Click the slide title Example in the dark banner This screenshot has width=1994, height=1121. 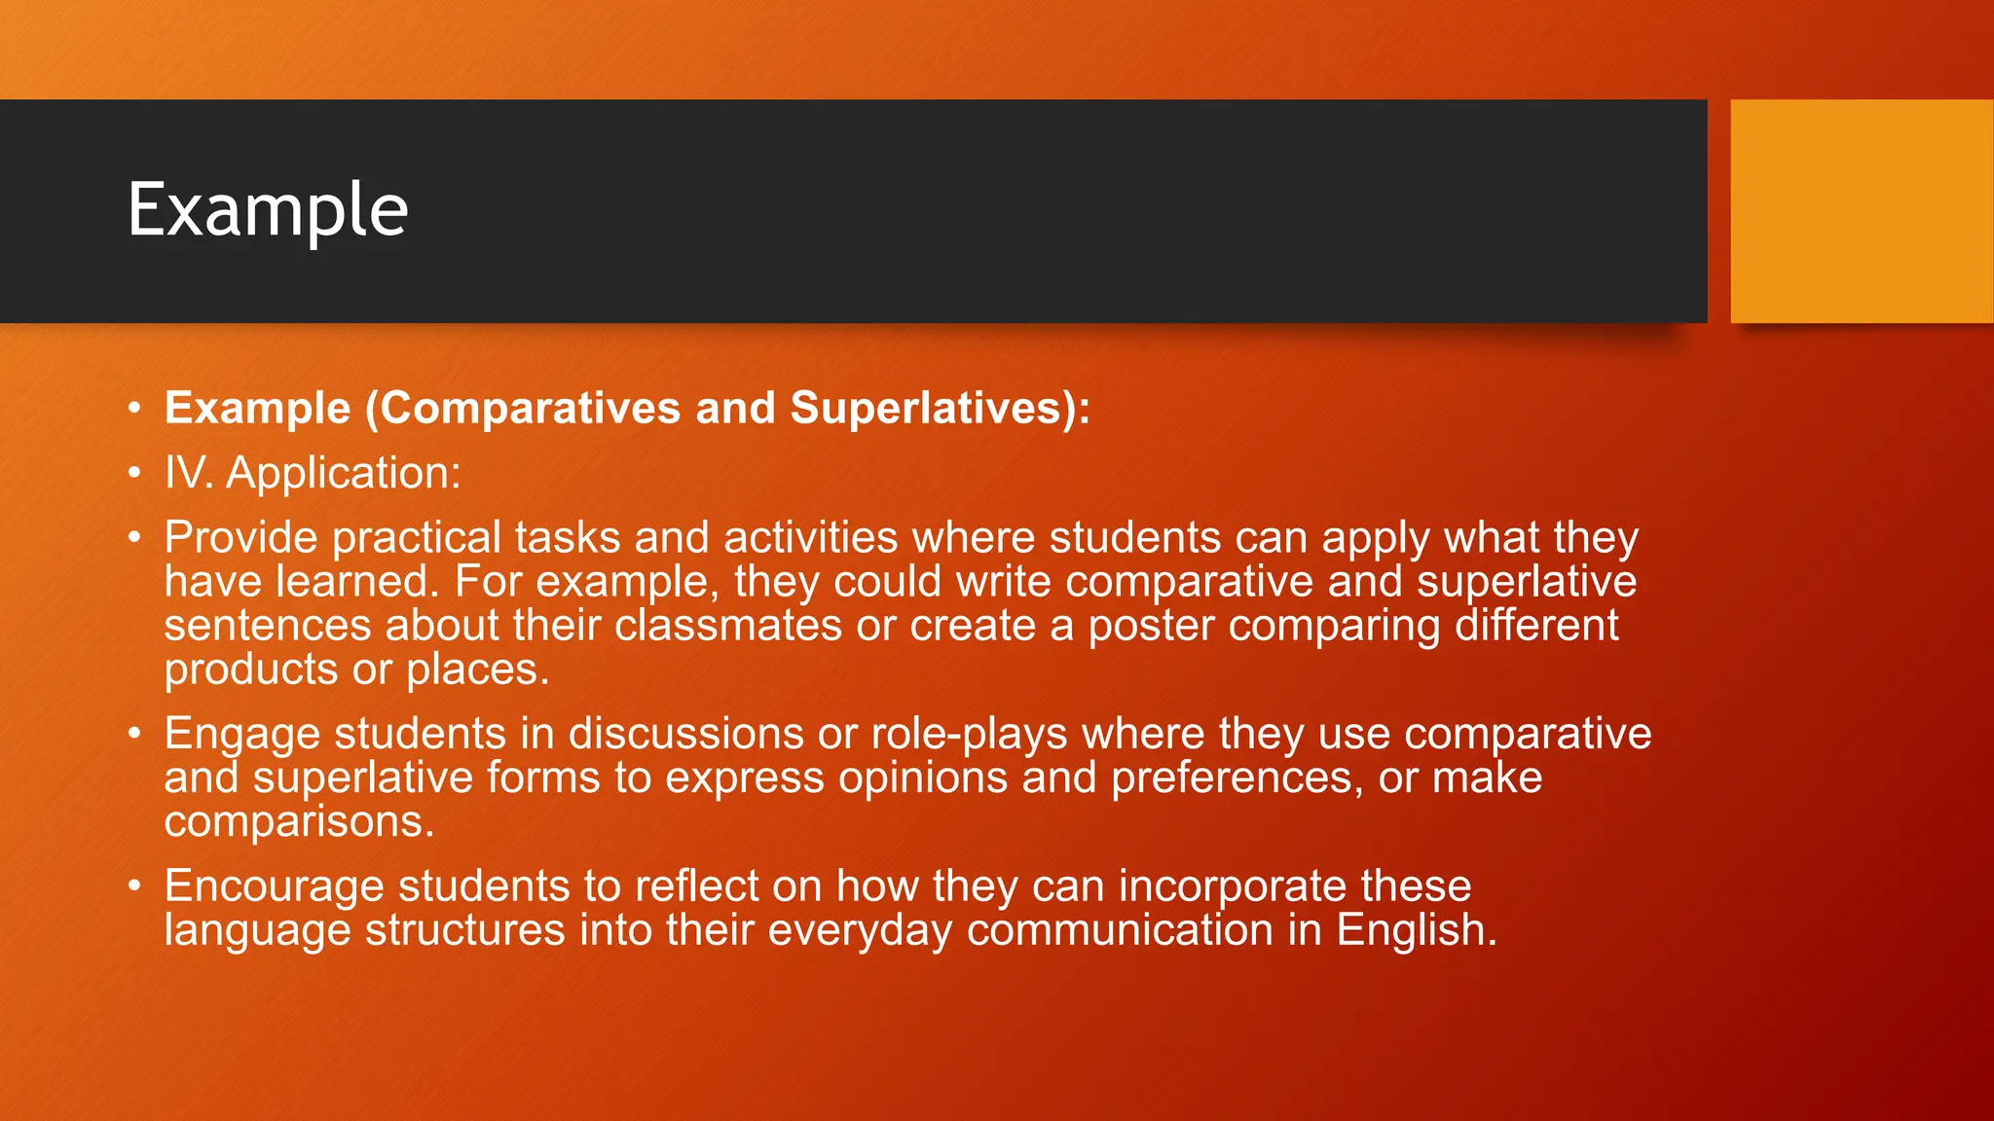coord(268,210)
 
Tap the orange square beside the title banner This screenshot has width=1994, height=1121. coord(1861,211)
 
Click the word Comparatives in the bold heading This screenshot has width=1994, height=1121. coord(530,408)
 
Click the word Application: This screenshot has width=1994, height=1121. coord(344,473)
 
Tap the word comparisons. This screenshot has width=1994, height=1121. coord(298,822)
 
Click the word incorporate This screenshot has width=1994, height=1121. coord(1232,886)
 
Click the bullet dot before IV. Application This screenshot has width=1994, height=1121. coord(134,473)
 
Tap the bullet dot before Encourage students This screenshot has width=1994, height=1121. coord(134,886)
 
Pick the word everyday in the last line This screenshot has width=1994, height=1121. coord(860,930)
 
